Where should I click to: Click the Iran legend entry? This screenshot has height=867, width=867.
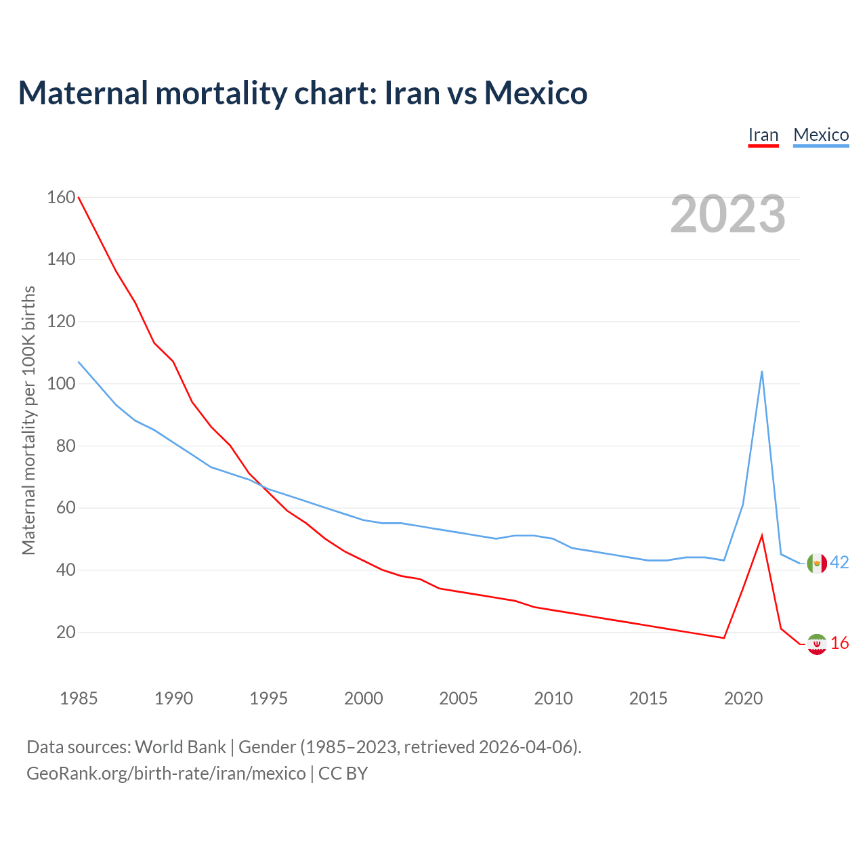coord(763,135)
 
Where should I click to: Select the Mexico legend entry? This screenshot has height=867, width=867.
coord(821,135)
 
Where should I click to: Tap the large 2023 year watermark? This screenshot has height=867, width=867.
coord(727,214)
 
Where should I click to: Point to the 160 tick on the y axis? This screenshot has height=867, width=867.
coord(61,197)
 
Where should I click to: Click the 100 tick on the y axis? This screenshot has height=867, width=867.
coord(61,383)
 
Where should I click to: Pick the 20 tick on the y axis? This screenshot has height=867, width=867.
coord(66,632)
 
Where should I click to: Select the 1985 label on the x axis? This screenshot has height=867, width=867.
coord(79,698)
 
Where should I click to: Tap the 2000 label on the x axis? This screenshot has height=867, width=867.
coord(363,698)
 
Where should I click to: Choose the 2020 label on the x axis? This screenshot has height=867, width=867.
coord(743,698)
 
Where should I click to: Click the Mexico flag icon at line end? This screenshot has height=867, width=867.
coord(817,563)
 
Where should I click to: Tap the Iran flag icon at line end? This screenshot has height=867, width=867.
coord(817,643)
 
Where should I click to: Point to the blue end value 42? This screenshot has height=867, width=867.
coord(839,563)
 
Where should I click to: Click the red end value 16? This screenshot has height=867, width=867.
coord(840,643)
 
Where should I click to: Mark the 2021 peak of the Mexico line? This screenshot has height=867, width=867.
coord(762,371)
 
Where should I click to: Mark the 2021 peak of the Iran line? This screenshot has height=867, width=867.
coord(762,536)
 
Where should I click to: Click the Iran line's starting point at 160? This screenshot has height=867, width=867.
coord(79,197)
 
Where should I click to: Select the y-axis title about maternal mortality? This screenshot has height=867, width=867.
coord(28,420)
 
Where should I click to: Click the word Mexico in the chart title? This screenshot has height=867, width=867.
coord(535,93)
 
